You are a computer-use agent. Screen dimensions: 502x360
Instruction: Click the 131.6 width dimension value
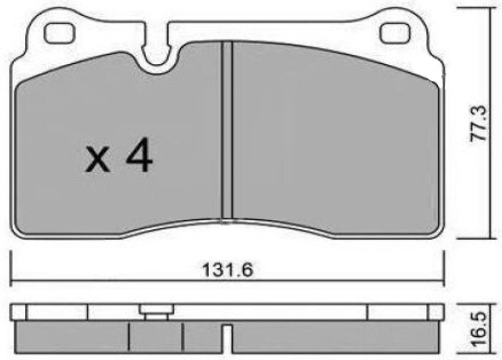(227, 270)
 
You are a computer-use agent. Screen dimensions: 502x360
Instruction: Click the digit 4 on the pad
(140, 155)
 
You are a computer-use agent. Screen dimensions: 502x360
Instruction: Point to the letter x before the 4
(97, 161)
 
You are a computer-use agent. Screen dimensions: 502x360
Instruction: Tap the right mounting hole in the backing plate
(395, 34)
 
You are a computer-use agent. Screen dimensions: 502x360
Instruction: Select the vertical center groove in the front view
(227, 131)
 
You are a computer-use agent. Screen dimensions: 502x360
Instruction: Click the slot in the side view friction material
(228, 338)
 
